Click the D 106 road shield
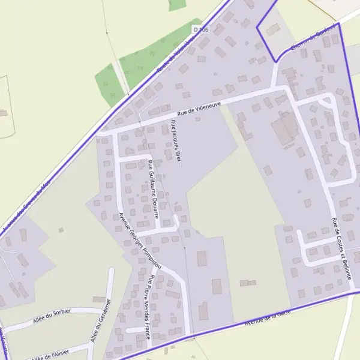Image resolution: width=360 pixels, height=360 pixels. pyautogui.click(x=200, y=29)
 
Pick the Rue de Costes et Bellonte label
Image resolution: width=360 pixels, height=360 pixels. pyautogui.click(x=341, y=248)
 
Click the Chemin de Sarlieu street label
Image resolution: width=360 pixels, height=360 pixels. pyautogui.click(x=311, y=37)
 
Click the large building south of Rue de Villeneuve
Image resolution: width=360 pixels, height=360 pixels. pyautogui.click(x=285, y=128)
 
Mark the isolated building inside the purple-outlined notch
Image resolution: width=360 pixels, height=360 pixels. pyautogui.click(x=272, y=28)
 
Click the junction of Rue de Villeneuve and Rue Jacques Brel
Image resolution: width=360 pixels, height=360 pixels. pyautogui.click(x=170, y=119)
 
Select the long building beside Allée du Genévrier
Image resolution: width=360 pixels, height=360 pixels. pyautogui.click(x=100, y=298)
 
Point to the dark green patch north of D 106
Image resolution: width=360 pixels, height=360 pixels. pyautogui.click(x=178, y=4)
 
